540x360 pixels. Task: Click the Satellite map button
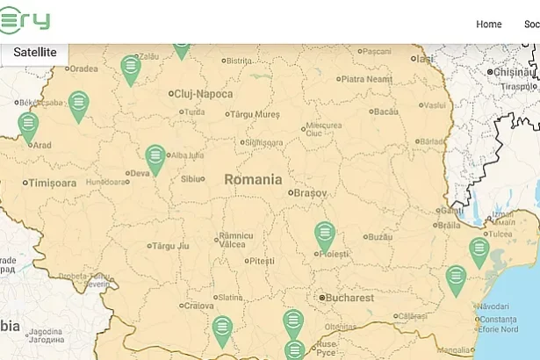point(34,53)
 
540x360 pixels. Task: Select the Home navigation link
point(488,24)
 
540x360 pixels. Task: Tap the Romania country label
point(253,179)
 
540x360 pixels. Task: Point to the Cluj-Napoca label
point(204,94)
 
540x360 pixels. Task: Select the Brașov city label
point(310,192)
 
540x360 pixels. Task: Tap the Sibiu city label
point(191,178)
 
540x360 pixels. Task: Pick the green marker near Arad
point(28,125)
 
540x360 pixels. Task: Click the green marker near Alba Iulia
point(155,158)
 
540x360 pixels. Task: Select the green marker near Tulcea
point(479,250)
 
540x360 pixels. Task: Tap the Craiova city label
point(198,306)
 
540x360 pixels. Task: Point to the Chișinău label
point(514,72)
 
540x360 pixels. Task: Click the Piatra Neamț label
point(366,80)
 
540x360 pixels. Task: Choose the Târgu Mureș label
point(256,114)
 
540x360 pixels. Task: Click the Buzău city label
point(379,237)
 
